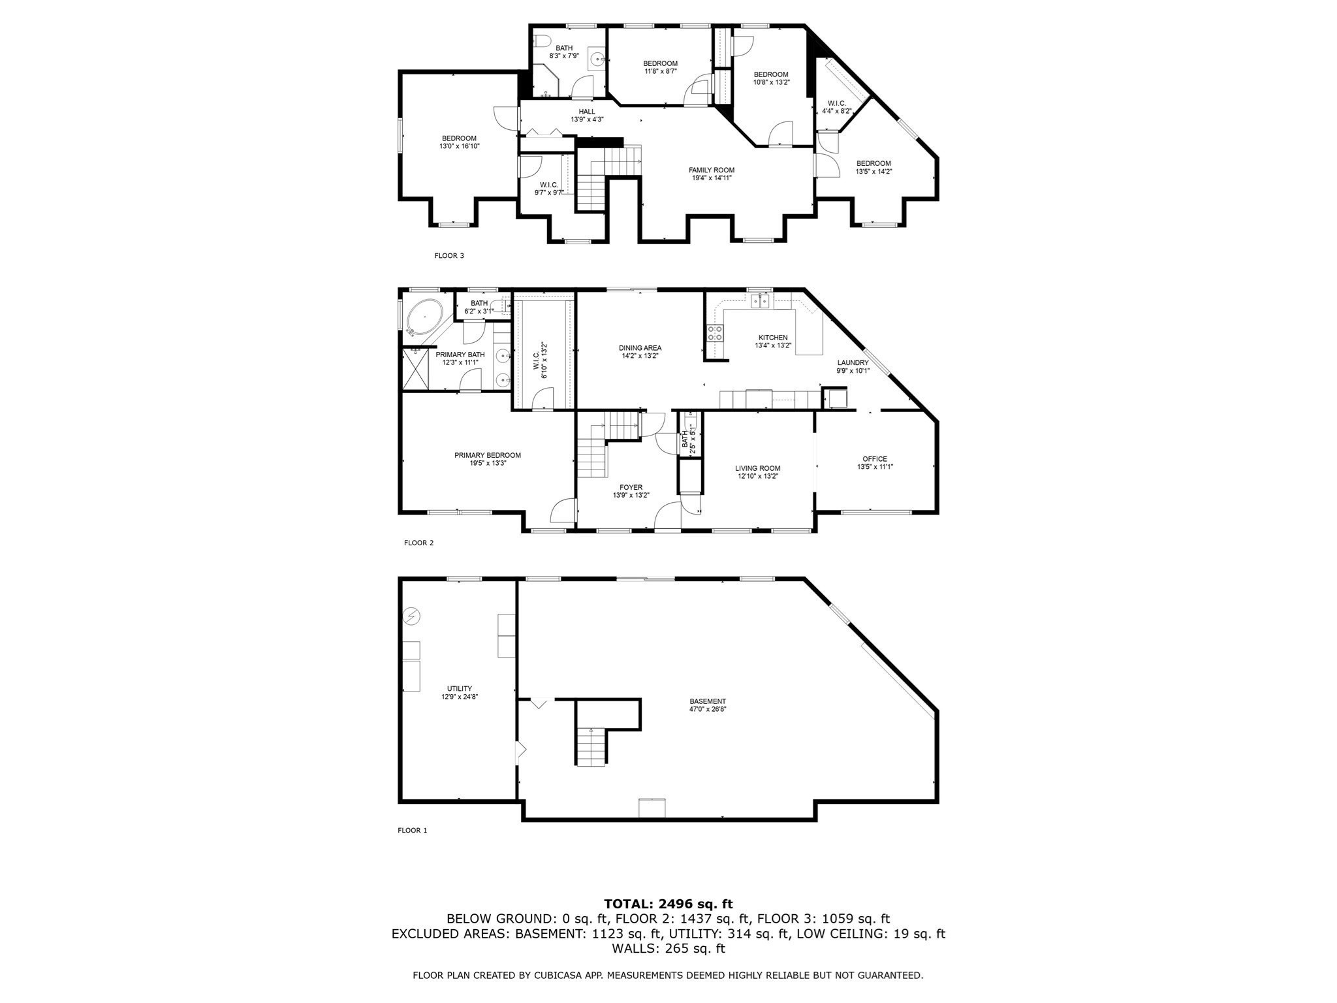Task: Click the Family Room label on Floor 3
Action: [x=711, y=170]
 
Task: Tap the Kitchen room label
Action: [x=773, y=338]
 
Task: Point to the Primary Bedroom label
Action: [x=488, y=455]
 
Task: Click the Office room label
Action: [x=875, y=459]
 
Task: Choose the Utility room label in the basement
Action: [x=459, y=688]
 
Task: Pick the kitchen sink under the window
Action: [x=760, y=301]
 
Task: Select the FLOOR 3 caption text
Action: [x=449, y=256]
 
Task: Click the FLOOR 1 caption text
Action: [x=412, y=831]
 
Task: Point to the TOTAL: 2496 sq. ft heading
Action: [x=668, y=904]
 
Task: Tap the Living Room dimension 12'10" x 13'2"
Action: [x=757, y=476]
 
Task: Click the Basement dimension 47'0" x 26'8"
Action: [x=708, y=708]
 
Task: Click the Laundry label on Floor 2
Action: [x=853, y=362]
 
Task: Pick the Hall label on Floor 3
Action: [x=587, y=112]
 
